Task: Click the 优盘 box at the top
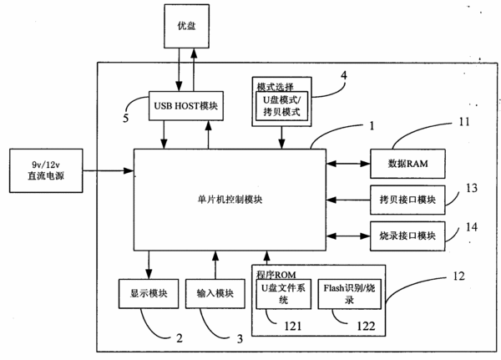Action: pyautogui.click(x=187, y=26)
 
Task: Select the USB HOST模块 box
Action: pyautogui.click(x=186, y=106)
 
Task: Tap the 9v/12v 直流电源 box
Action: pyautogui.click(x=46, y=170)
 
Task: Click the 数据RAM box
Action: pyautogui.click(x=407, y=164)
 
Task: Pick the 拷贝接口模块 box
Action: pyautogui.click(x=407, y=200)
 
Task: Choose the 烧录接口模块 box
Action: pyautogui.click(x=407, y=236)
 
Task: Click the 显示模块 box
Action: pyautogui.click(x=149, y=293)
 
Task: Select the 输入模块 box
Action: pyautogui.click(x=215, y=293)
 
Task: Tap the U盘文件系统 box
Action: pyautogui.click(x=284, y=294)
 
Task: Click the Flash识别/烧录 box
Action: pyautogui.click(x=350, y=294)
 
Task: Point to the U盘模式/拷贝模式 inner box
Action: pyautogui.click(x=282, y=106)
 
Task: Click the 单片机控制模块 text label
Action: pyautogui.click(x=230, y=200)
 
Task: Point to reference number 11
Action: pyautogui.click(x=464, y=122)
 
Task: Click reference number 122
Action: pyautogui.click(x=366, y=326)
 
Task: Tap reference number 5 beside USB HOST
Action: pyautogui.click(x=126, y=119)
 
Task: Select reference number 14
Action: pyautogui.click(x=472, y=227)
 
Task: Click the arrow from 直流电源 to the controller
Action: pyautogui.click(x=109, y=170)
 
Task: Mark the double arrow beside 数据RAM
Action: pyautogui.click(x=348, y=164)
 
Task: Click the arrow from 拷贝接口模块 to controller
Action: pyautogui.click(x=348, y=200)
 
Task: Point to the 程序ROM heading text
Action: pyautogui.click(x=276, y=275)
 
